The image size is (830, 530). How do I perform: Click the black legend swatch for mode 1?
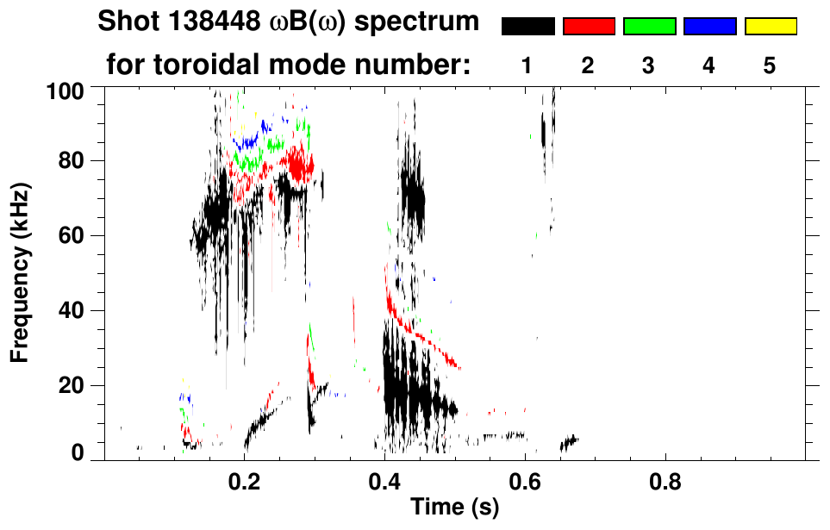tap(527, 27)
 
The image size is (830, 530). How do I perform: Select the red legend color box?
tap(589, 27)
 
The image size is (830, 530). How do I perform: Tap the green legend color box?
tap(649, 27)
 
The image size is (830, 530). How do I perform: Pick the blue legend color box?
tap(709, 27)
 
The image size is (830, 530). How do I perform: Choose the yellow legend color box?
tap(771, 27)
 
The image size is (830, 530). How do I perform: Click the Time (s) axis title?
tap(454, 508)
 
